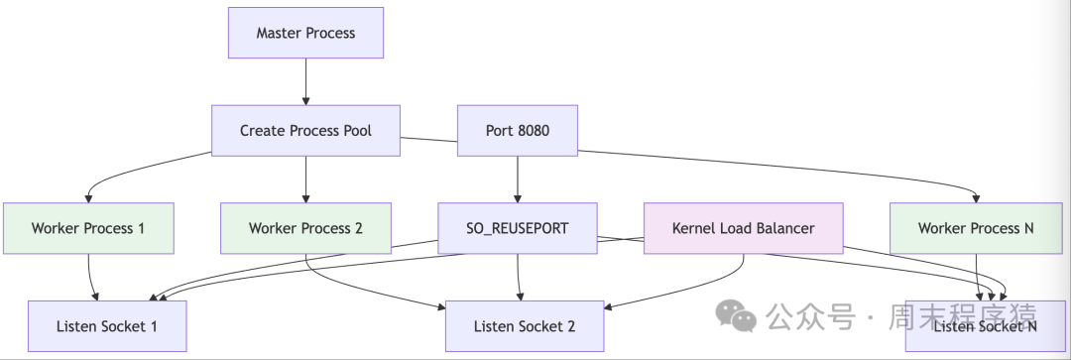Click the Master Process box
(305, 33)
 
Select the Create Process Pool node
(305, 130)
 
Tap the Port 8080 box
(517, 130)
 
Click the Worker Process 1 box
(88, 228)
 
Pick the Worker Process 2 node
(305, 228)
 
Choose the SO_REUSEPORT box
(517, 228)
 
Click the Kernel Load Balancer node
(743, 228)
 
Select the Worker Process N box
(976, 228)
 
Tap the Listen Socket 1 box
(107, 326)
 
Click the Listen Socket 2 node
(524, 326)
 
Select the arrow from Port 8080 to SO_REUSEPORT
(517, 179)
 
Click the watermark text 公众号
(795, 317)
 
